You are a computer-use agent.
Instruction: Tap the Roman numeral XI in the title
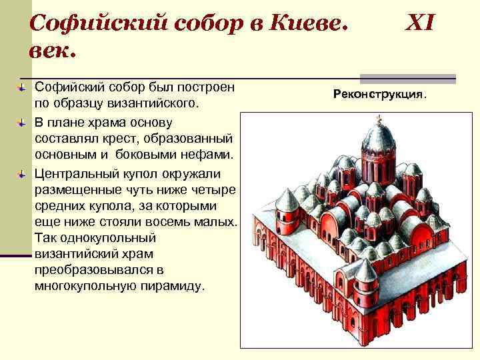(419, 25)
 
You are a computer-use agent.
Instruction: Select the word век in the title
(53, 50)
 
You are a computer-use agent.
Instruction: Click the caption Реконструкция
(379, 95)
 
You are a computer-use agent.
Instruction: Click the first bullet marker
(21, 87)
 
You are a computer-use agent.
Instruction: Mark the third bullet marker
(21, 173)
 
